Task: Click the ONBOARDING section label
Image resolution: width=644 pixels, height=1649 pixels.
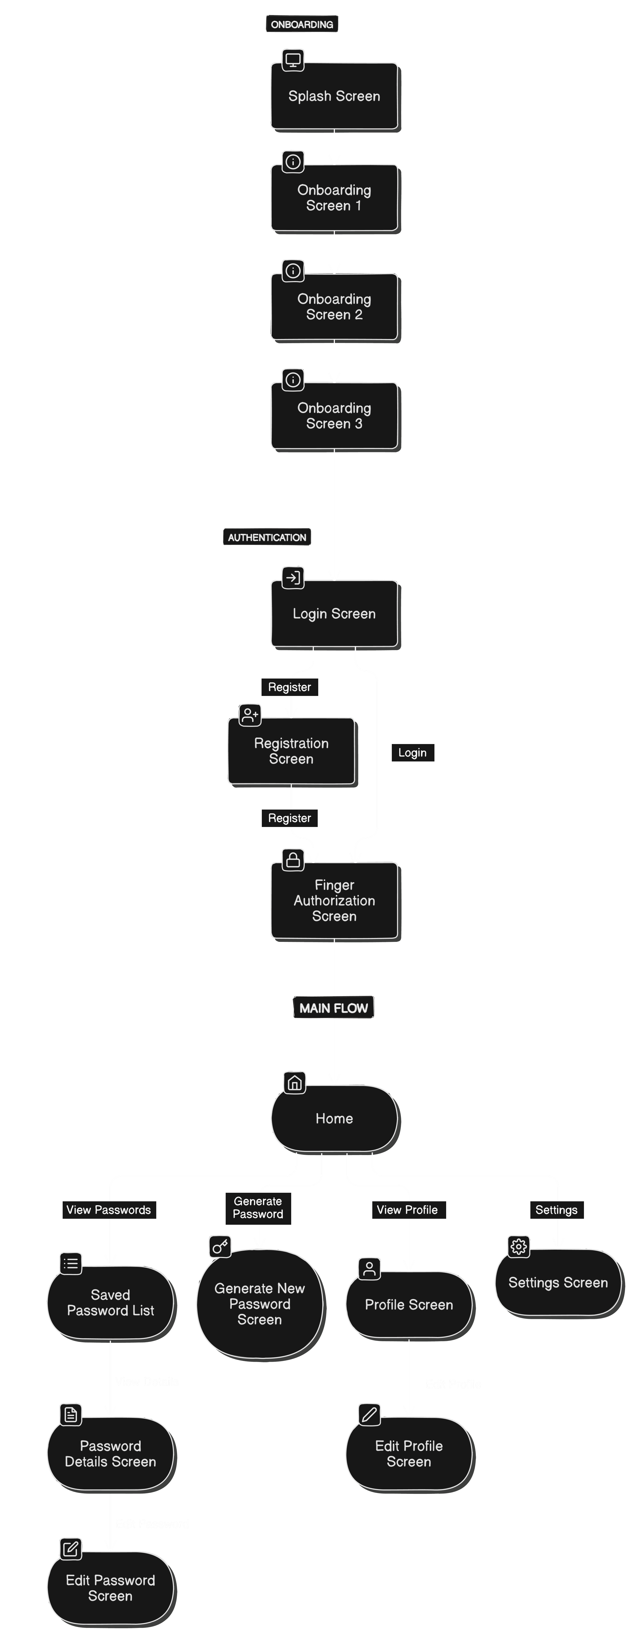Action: (x=302, y=24)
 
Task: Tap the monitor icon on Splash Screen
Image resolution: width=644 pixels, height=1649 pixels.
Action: (x=293, y=60)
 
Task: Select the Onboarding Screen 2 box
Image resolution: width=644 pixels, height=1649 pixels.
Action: (x=334, y=307)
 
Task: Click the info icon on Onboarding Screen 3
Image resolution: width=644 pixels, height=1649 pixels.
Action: (x=293, y=380)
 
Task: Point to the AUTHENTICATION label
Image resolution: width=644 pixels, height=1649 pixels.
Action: (x=267, y=537)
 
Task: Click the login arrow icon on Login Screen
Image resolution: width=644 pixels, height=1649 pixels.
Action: (x=293, y=577)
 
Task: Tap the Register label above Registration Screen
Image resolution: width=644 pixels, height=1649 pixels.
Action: (x=289, y=687)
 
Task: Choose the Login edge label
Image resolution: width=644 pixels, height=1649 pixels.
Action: (x=412, y=753)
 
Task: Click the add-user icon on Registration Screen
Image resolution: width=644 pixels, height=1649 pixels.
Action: (x=250, y=714)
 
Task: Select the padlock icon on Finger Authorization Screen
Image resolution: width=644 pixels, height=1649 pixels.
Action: (x=293, y=860)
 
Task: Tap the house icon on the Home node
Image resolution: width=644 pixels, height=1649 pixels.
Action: (x=295, y=1083)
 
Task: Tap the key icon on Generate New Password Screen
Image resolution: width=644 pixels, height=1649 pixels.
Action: (x=220, y=1246)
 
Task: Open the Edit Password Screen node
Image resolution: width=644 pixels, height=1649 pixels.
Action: (x=110, y=1588)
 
